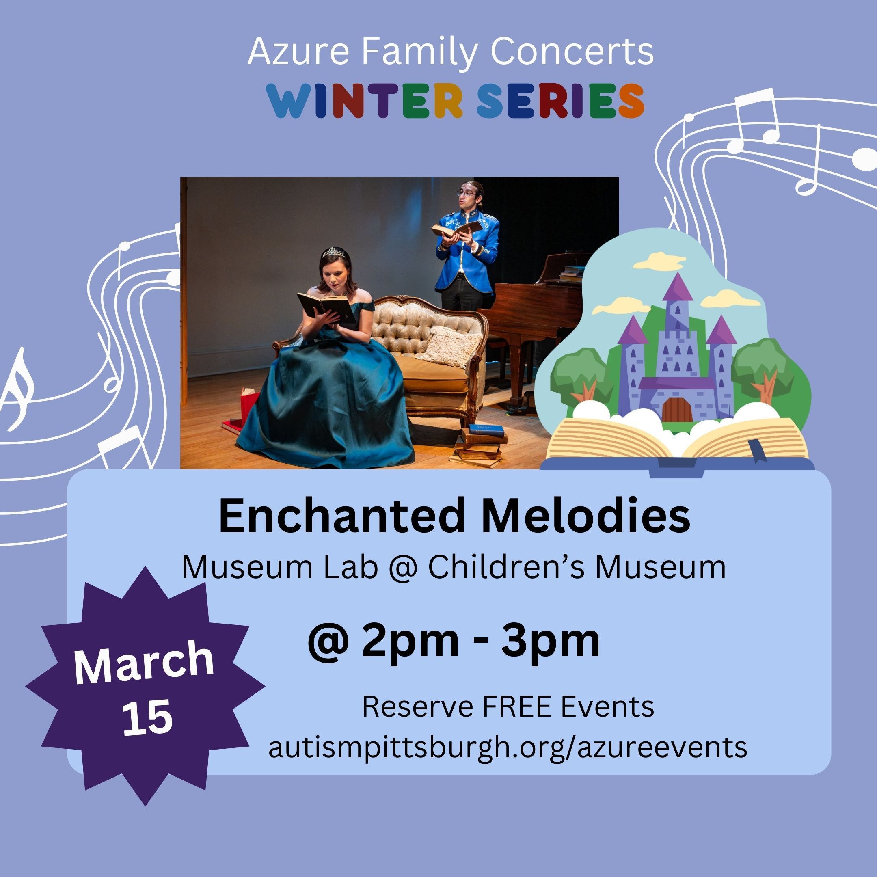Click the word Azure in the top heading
[298, 52]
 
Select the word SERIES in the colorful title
[560, 101]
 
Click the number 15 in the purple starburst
[148, 718]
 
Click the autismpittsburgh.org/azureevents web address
[508, 747]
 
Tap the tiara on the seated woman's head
[334, 253]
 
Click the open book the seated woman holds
[326, 307]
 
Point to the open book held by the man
[455, 229]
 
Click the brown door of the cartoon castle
[677, 409]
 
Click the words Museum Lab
[280, 568]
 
